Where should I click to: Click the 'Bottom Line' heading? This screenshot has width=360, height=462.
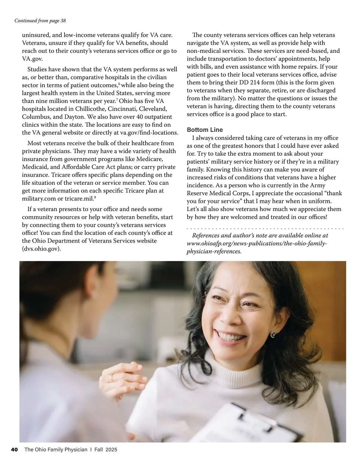coord(205,130)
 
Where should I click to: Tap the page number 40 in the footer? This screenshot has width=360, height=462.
coord(14,449)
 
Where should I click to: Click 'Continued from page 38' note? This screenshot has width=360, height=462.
coord(40,21)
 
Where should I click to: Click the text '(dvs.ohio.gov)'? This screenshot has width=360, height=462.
coord(41,249)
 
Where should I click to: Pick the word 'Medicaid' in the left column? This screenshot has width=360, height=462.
coord(34,167)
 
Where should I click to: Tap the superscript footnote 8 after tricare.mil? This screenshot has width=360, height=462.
coord(95,197)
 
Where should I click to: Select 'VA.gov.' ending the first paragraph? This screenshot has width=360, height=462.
coord(30,58)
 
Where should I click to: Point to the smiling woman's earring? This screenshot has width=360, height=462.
coord(273,334)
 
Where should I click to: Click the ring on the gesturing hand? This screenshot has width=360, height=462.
coord(112,377)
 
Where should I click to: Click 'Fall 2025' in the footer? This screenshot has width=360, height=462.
coord(106,449)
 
